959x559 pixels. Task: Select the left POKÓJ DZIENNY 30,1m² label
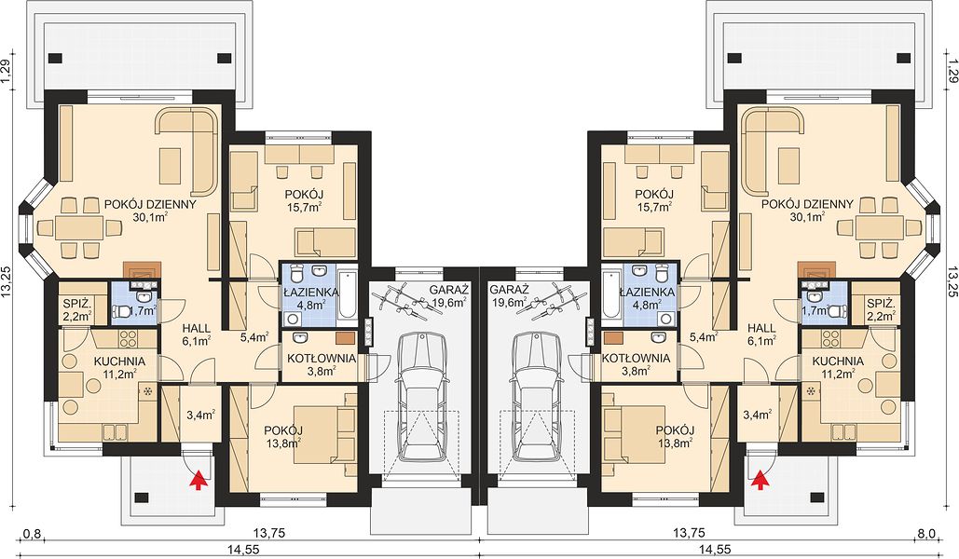pos(150,210)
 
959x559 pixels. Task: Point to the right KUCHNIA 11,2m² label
pos(838,367)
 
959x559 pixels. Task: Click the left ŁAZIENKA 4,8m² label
pos(308,298)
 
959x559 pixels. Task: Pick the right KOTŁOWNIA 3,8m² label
pos(636,364)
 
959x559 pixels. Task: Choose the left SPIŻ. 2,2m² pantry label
pos(76,309)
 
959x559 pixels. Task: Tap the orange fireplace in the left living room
pos(142,269)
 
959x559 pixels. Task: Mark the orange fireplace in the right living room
pos(817,269)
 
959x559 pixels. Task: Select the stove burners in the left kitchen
pos(130,339)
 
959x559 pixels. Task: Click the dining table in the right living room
pos(878,228)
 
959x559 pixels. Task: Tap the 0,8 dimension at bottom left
pos(32,534)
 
